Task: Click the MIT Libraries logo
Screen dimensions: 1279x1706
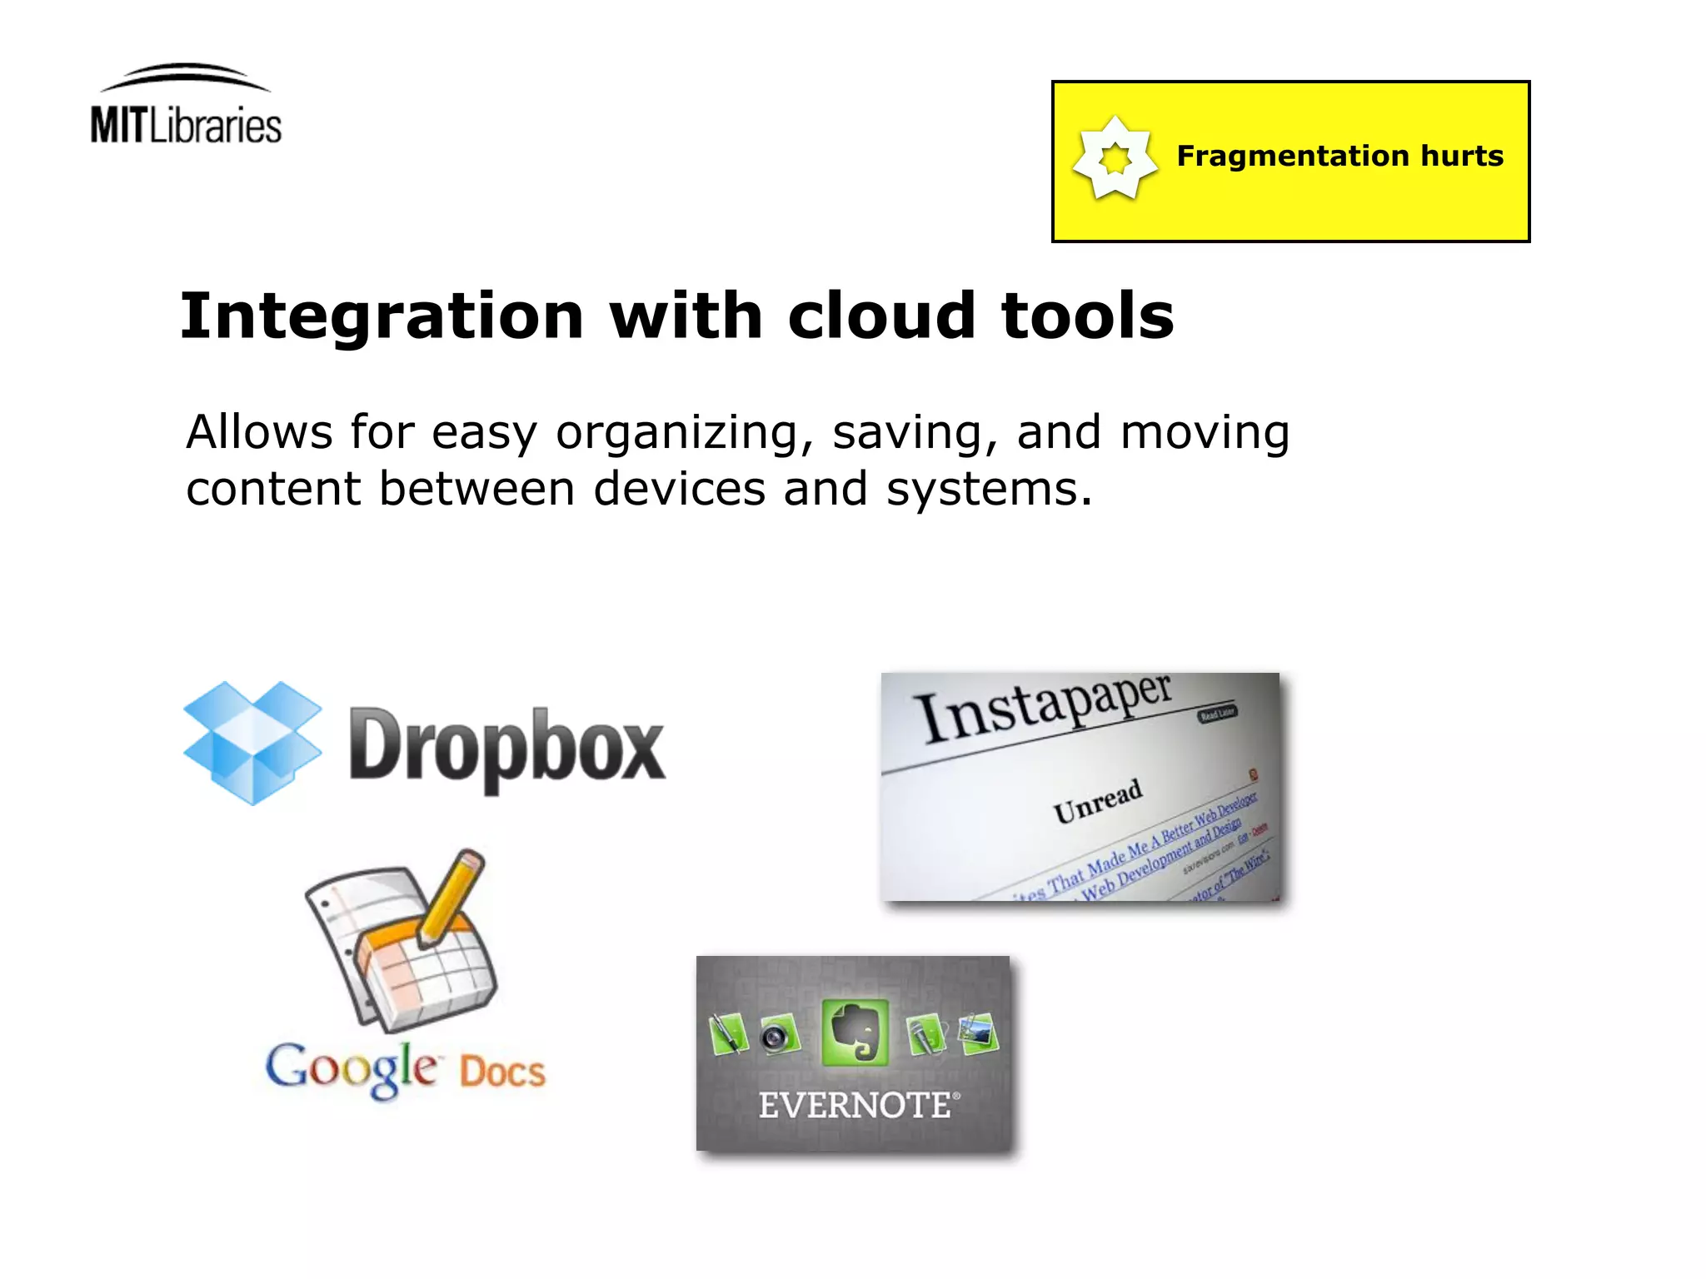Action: [x=186, y=107]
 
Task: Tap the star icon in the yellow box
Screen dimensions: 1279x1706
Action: [x=1115, y=158]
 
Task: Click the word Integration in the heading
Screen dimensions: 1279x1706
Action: [x=382, y=316]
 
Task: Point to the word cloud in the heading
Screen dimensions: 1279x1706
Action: [x=881, y=316]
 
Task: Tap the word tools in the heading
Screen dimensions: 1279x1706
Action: [x=1087, y=316]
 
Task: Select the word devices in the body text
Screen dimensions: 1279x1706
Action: [x=679, y=489]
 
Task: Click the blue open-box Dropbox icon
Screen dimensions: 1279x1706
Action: [x=252, y=742]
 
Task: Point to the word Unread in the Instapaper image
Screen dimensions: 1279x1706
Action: [x=1097, y=801]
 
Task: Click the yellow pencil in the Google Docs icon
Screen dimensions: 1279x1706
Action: [x=452, y=895]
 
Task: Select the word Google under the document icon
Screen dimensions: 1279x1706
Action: [x=351, y=1068]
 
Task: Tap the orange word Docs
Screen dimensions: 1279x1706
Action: [x=502, y=1072]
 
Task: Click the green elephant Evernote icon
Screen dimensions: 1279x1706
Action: [x=855, y=1033]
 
